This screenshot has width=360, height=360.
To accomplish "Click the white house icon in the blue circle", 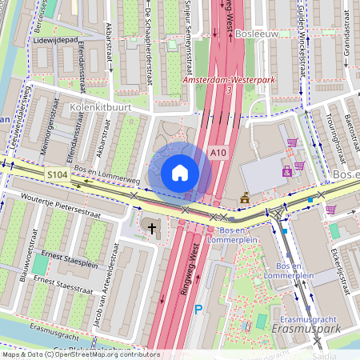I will click(x=180, y=172).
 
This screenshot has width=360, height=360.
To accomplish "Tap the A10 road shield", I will click(x=219, y=152).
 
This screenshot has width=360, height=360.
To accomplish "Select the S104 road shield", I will click(x=57, y=174).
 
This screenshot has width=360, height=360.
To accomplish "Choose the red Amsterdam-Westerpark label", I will click(x=229, y=81).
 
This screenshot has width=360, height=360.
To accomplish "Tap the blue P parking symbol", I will click(x=199, y=310).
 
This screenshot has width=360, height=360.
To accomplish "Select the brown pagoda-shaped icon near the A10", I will click(x=245, y=198).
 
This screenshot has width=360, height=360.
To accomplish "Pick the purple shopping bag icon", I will click(x=286, y=171).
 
